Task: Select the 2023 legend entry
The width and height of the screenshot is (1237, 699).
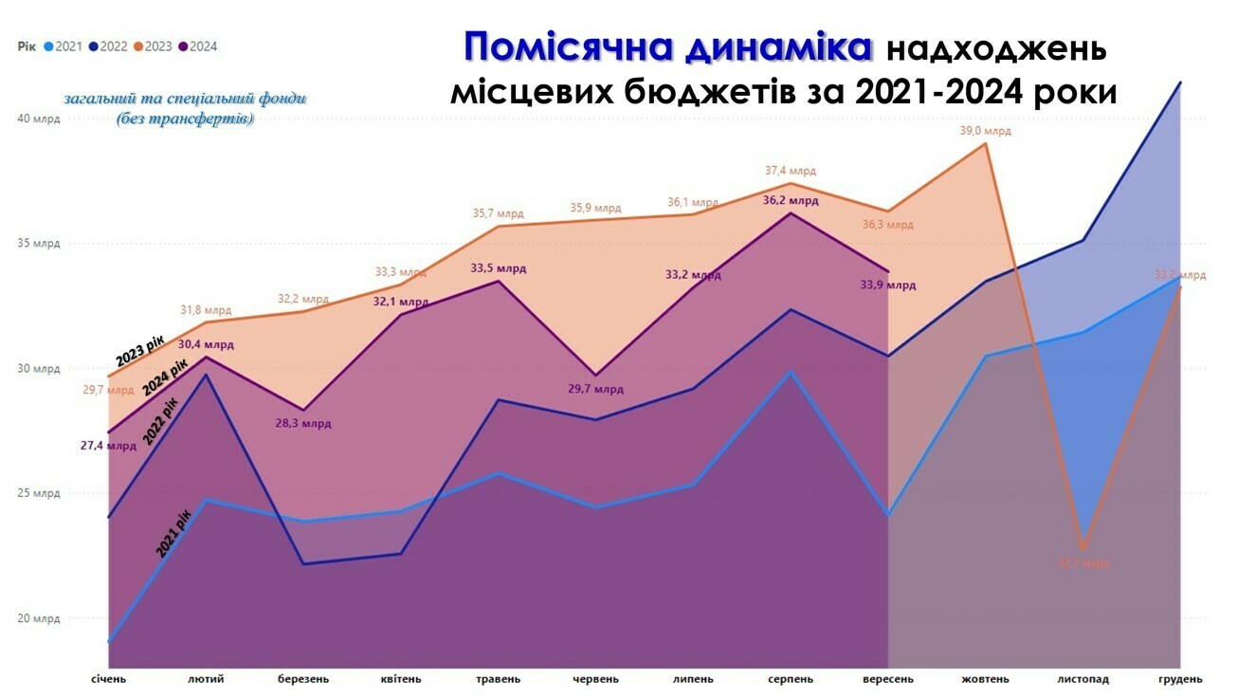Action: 154,46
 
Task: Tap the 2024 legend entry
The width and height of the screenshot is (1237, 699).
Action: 198,46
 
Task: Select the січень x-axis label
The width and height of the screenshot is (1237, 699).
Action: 108,679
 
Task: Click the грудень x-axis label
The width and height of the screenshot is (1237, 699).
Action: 1181,679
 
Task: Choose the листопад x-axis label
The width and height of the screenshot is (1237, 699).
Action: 1082,679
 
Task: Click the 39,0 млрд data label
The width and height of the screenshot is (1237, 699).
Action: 986,131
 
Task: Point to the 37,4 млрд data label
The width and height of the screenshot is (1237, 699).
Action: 791,171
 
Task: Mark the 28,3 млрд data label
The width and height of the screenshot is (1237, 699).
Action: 303,424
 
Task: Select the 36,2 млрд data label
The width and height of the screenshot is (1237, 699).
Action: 791,201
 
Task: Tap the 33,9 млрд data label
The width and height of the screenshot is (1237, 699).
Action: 888,285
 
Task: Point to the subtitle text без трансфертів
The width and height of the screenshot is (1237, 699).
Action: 185,120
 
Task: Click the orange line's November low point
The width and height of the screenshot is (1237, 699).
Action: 1083,548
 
